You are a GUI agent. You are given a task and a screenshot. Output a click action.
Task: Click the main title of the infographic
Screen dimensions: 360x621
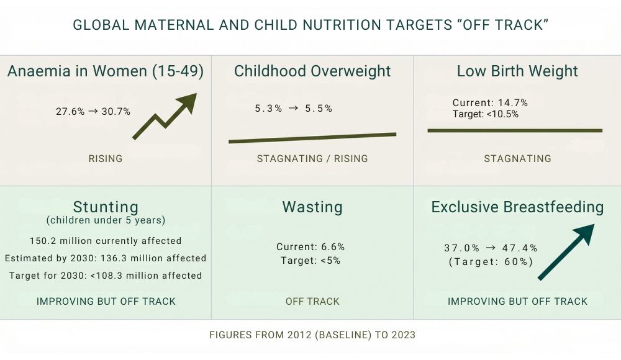click(x=310, y=25)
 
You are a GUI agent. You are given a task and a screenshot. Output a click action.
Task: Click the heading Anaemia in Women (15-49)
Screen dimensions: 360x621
click(x=106, y=71)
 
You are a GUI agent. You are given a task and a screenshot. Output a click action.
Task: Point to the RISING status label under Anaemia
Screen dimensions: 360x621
click(x=106, y=159)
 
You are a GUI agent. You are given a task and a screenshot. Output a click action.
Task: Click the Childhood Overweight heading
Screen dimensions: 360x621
click(x=312, y=71)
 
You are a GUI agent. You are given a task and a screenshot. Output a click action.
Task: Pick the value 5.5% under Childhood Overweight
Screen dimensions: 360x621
click(x=319, y=109)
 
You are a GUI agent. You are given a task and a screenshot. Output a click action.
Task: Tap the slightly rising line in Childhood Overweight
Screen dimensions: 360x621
click(x=312, y=138)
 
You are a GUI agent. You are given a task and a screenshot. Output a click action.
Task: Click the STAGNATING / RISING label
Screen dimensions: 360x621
click(x=312, y=159)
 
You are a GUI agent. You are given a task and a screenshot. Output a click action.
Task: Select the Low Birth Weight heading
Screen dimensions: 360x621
click(x=517, y=71)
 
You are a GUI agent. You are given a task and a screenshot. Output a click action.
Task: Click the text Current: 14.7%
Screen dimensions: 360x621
click(x=490, y=103)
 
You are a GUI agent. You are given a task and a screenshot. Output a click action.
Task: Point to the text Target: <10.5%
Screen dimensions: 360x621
click(x=486, y=114)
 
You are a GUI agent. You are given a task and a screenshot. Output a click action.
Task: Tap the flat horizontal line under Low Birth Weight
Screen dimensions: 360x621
click(x=515, y=130)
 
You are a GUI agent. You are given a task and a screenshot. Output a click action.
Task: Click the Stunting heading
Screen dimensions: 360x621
click(x=106, y=207)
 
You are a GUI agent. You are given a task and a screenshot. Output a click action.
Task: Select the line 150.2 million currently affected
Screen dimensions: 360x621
click(x=106, y=241)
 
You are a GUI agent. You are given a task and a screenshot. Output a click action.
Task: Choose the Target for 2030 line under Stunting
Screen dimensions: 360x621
click(x=106, y=276)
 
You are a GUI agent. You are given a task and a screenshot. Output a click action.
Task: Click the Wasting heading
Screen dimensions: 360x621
click(x=312, y=207)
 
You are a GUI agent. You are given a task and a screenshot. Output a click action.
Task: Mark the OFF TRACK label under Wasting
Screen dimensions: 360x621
click(x=312, y=302)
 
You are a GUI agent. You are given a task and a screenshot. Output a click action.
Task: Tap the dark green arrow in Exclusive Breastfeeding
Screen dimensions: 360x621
click(x=565, y=253)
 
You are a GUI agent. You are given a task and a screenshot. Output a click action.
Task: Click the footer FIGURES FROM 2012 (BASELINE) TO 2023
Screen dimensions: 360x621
click(x=312, y=335)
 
